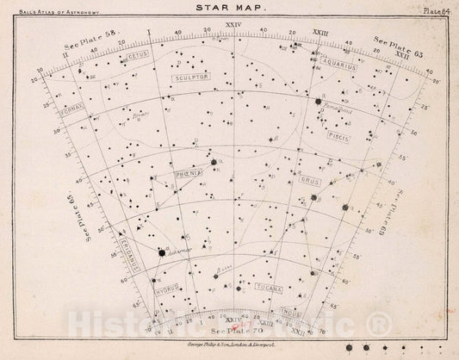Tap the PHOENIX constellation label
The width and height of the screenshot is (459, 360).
click(188, 172)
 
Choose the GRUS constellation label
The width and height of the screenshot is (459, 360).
click(310, 183)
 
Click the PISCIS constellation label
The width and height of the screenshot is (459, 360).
click(337, 135)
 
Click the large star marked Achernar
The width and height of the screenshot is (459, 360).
click(162, 252)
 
